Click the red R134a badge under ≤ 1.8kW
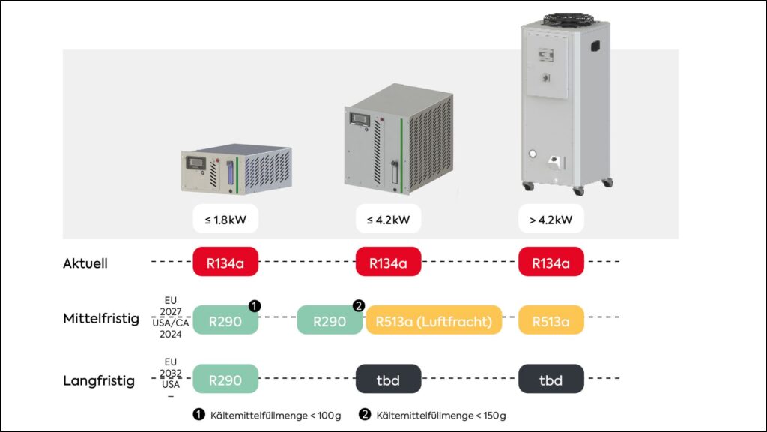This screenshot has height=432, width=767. [x=225, y=262]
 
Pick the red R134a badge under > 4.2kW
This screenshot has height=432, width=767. [x=551, y=262]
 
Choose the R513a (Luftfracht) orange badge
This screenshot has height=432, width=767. [x=434, y=320]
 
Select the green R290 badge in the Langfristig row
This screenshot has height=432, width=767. [x=225, y=379]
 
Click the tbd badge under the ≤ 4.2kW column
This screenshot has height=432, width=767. [x=388, y=379]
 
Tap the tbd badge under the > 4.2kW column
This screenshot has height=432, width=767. [x=551, y=379]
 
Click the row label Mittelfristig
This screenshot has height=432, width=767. [x=101, y=319]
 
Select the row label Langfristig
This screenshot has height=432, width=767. [x=99, y=380]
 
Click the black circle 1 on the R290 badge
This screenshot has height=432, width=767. [x=255, y=306]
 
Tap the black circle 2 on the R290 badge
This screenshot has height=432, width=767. [x=358, y=306]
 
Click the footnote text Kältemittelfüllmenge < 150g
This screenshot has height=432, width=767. [x=441, y=415]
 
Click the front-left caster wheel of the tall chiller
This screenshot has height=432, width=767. [x=527, y=185]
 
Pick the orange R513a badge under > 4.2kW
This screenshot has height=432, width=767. [x=551, y=320]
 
